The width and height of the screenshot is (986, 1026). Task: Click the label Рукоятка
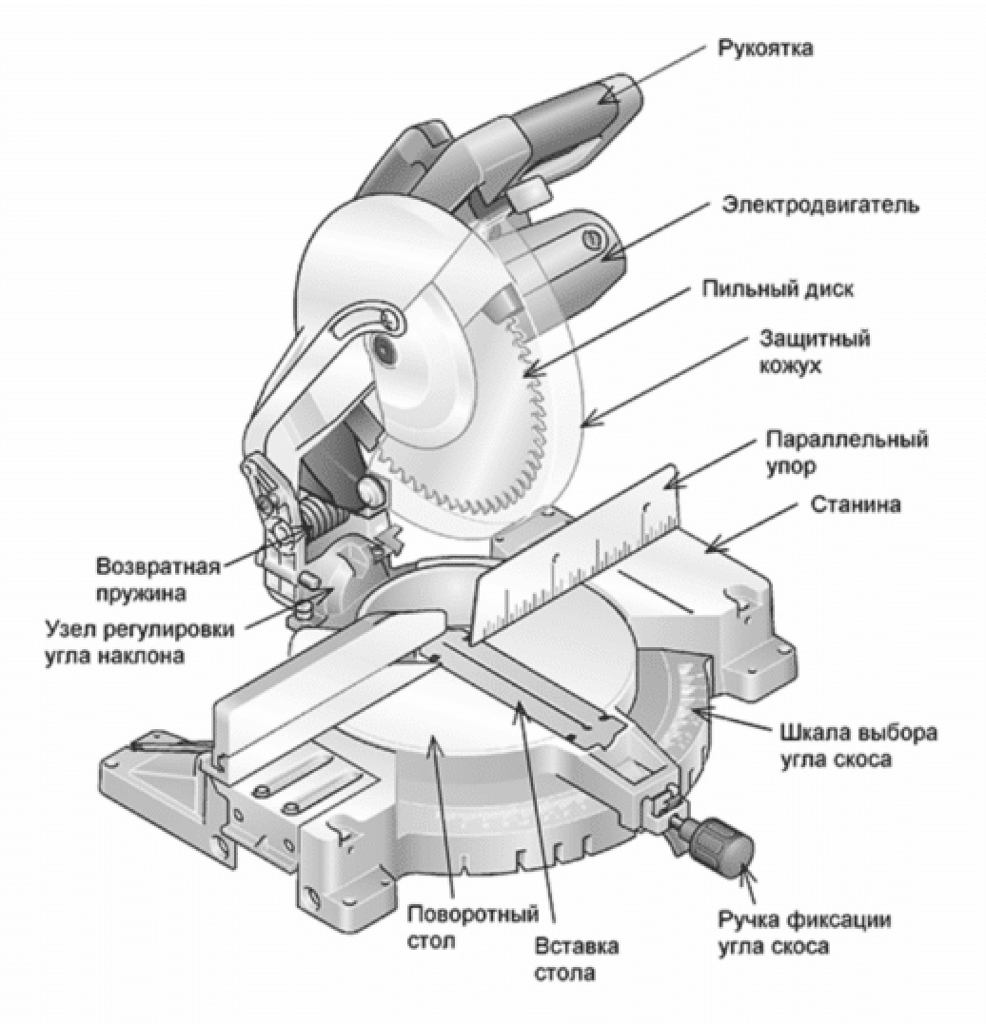pos(764,48)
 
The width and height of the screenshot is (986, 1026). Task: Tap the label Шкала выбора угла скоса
pos(858,746)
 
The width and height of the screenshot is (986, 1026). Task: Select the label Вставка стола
pos(577,959)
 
